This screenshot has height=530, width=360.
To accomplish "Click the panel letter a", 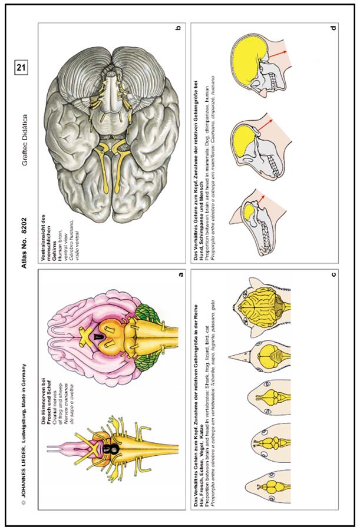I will tap(180, 273).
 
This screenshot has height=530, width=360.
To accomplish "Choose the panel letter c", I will tap(333, 273).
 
